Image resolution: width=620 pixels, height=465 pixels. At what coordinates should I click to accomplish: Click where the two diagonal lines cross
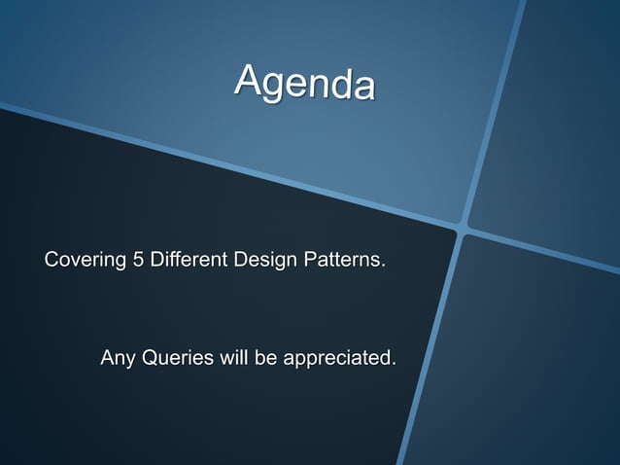pyautogui.click(x=463, y=231)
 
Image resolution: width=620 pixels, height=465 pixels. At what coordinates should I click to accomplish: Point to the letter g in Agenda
pyautogui.click(x=277, y=88)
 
